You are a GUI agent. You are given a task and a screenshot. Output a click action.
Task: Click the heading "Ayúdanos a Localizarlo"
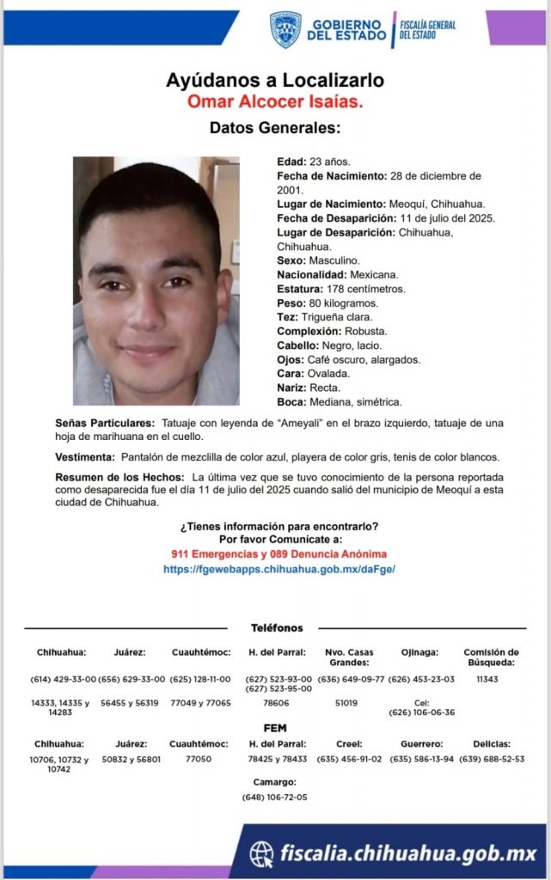[275, 81]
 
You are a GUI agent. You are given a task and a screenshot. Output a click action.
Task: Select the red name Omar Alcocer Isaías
[275, 102]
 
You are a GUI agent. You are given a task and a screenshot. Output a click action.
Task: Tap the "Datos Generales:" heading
[275, 128]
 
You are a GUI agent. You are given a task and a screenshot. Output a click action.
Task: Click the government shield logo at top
[285, 29]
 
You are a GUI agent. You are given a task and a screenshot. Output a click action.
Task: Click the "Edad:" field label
[291, 162]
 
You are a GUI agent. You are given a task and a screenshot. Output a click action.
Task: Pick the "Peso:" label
[291, 303]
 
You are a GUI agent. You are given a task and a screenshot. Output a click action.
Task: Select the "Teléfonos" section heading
[276, 628]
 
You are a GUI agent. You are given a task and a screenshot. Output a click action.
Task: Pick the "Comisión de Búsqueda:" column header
[491, 657]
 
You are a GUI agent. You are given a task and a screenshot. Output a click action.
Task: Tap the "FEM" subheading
[275, 728]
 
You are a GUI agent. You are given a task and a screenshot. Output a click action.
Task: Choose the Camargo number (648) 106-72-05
[275, 797]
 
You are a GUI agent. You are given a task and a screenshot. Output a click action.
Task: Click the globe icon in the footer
[261, 853]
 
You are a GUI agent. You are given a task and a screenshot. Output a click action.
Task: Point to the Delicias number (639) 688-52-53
[492, 759]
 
